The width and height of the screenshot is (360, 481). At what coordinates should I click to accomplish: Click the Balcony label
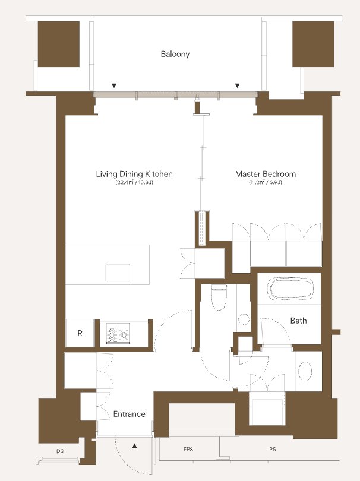pos(175,54)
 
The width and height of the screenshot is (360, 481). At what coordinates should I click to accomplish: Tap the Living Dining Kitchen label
pos(134,174)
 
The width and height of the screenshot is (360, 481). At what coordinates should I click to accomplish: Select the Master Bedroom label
pos(266,174)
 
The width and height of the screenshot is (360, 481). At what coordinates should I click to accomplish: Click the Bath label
pos(298,321)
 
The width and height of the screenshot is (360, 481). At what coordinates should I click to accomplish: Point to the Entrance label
pos(129,414)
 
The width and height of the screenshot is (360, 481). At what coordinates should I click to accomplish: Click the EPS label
pos(188,449)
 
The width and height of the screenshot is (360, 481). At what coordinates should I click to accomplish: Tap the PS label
pos(273,449)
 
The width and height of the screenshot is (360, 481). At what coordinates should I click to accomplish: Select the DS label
pos(60,451)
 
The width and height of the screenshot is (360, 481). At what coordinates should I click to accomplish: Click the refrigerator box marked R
pos(80,333)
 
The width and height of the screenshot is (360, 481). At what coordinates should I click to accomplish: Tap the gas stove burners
pos(118,333)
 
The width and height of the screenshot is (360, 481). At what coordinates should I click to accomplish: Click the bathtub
pos(290,289)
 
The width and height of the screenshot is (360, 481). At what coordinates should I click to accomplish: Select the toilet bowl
pos(219,298)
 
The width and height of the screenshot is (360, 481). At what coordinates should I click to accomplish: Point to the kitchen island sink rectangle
pos(118,273)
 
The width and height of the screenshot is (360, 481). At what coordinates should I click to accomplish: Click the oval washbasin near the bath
pos(305,371)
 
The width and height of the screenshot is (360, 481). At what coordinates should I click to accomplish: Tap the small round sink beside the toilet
pos(244,319)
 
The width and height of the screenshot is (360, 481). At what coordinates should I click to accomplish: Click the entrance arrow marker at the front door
pos(134,446)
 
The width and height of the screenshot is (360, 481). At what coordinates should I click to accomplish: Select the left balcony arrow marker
pos(114,86)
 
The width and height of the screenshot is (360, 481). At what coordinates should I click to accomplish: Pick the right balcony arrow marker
pos(237,86)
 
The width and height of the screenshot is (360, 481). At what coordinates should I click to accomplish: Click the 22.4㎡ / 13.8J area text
pos(134,183)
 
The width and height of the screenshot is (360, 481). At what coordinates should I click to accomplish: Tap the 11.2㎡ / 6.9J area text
pos(266,183)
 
